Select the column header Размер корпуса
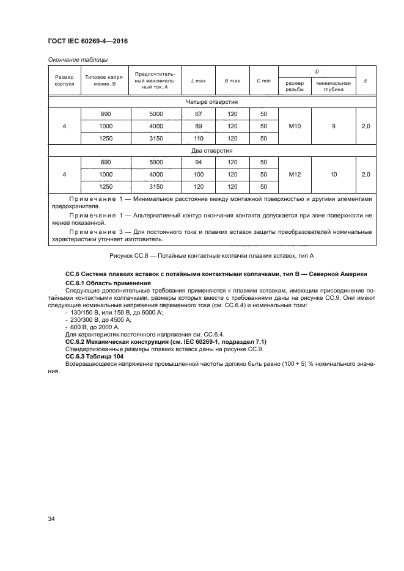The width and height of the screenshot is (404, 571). click(65, 81)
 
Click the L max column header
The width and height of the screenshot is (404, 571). click(198, 81)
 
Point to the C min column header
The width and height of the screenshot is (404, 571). click(263, 81)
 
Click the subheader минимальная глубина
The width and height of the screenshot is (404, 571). click(334, 85)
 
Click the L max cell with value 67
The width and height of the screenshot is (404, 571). click(198, 114)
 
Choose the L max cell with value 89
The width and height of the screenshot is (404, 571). click(198, 126)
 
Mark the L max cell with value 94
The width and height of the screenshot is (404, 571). click(198, 162)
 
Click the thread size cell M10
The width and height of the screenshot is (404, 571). click(294, 126)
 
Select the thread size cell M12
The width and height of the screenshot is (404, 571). click(294, 174)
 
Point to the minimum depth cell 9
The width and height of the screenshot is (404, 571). click(334, 126)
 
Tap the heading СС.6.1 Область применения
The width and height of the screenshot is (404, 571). click(108, 283)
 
